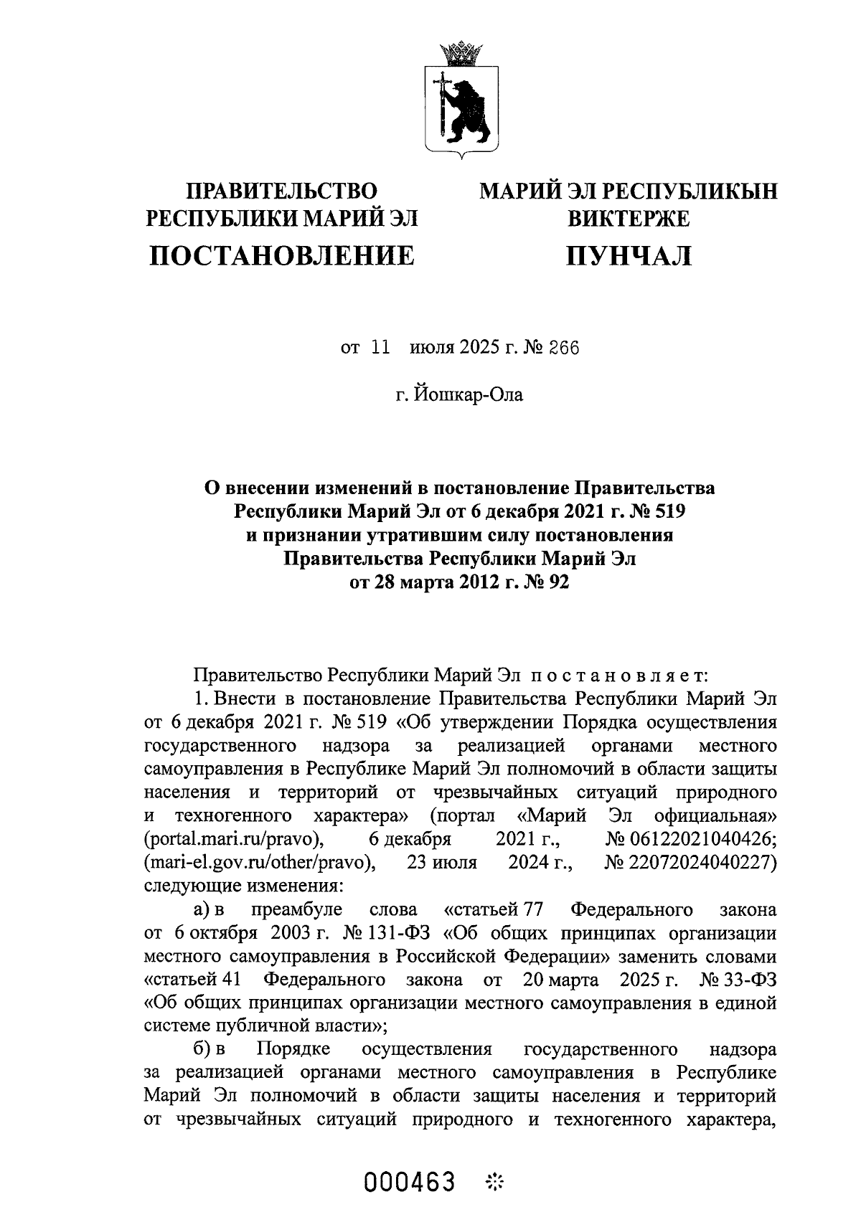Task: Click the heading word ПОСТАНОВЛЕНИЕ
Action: coord(282,255)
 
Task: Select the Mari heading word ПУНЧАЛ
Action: coord(629,255)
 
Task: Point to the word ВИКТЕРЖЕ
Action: coord(629,218)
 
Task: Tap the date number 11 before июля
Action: coord(380,349)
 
